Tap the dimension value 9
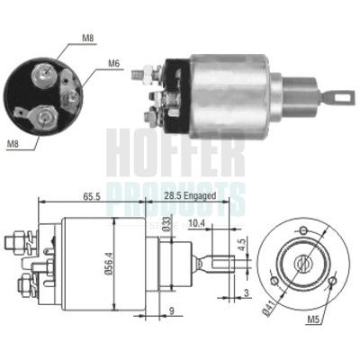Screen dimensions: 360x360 (170, 313)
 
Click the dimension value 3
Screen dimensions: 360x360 (247, 293)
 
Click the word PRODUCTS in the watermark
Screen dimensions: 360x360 (175, 191)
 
